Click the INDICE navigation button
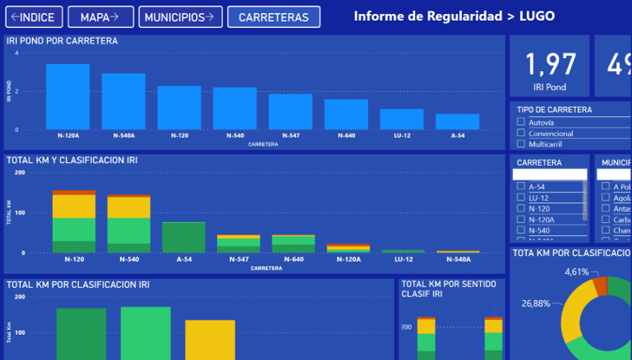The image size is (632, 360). pyautogui.click(x=31, y=17)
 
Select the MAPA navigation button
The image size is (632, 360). pyautogui.click(x=100, y=17)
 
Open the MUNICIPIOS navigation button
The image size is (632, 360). pyautogui.click(x=179, y=17)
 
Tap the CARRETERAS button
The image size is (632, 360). pyautogui.click(x=273, y=17)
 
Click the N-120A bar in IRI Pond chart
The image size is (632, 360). pyautogui.click(x=68, y=96)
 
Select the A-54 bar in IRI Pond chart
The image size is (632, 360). pyautogui.click(x=458, y=121)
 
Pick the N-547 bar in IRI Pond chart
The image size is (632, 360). pyautogui.click(x=290, y=111)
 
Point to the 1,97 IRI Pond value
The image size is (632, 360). pyautogui.click(x=550, y=64)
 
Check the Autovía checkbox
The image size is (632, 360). pyautogui.click(x=522, y=122)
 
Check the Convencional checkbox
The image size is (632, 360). pyautogui.click(x=522, y=134)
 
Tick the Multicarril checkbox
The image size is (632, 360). pyautogui.click(x=522, y=145)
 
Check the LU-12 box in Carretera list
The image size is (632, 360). pyautogui.click(x=521, y=198)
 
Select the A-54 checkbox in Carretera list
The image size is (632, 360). pyautogui.click(x=521, y=187)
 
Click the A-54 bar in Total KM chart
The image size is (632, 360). pyautogui.click(x=184, y=237)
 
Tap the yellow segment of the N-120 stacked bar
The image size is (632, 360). pyautogui.click(x=74, y=206)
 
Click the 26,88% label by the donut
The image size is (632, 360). pyautogui.click(x=536, y=304)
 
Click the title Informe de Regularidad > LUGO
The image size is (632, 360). pyautogui.click(x=454, y=16)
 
